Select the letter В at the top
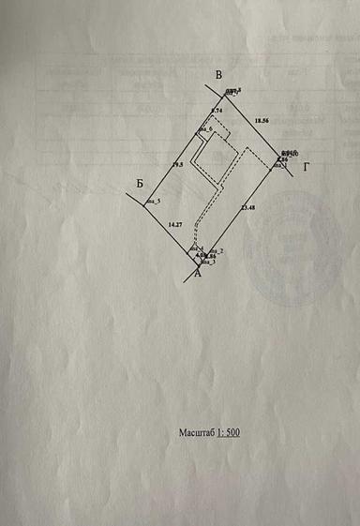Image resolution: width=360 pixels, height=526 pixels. pos(217,75)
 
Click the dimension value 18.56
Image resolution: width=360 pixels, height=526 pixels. pos(261,121)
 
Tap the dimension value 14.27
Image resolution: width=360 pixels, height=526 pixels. pos(174,225)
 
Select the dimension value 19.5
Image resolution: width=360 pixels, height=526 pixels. pos(177,165)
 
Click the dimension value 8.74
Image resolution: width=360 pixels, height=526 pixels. pos(216,112)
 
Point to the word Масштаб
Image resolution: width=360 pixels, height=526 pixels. pos(197,433)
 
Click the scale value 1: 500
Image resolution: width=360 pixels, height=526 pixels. pos(230,433)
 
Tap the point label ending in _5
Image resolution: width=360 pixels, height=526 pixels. pos(154,202)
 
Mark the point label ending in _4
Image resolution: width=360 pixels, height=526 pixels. pos(197,248)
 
